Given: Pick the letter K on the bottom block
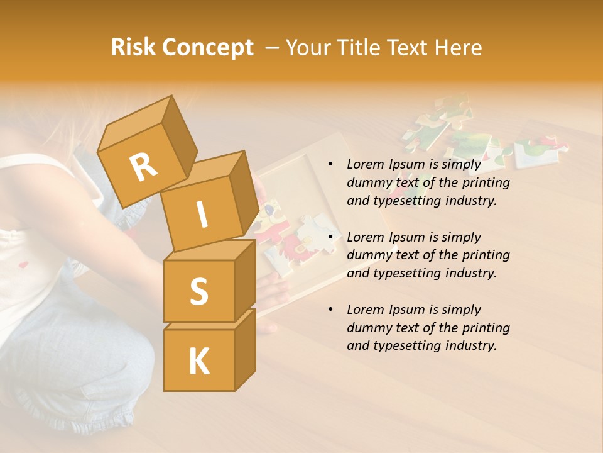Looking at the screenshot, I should point(198,361).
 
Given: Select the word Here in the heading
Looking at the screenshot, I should point(460,47).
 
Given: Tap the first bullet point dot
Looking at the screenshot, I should point(330,165).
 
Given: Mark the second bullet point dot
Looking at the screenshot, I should point(330,237).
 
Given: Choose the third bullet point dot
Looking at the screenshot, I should point(330,310).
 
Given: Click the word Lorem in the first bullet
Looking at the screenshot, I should point(364,164).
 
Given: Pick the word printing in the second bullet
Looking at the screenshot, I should point(486,255).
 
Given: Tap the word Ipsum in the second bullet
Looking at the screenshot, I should point(406,237).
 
